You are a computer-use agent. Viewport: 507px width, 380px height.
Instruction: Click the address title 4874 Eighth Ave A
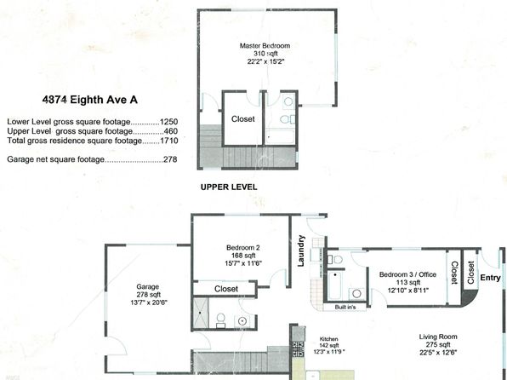point(90,100)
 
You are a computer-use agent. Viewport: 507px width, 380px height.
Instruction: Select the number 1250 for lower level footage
point(168,122)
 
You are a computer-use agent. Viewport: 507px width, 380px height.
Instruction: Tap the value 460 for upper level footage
point(171,131)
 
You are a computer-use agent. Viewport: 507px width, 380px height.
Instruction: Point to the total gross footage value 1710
point(168,141)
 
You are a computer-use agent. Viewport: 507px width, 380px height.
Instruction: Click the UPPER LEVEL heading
point(229,187)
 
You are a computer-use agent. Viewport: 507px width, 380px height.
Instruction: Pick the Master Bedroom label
point(265,46)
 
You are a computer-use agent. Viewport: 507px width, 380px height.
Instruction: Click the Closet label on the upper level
point(242,119)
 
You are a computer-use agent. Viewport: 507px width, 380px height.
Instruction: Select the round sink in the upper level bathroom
point(288,101)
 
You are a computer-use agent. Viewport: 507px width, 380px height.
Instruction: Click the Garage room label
point(148,286)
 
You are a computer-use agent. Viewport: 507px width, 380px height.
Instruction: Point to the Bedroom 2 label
point(242,248)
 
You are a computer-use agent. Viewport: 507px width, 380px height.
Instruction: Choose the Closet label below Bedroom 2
point(226,289)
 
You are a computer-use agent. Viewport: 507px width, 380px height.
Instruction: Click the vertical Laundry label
point(301,250)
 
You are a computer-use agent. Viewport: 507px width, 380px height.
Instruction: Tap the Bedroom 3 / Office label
point(407,274)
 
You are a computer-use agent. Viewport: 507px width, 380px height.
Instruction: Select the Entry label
point(490,278)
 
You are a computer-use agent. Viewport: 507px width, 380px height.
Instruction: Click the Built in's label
point(345,307)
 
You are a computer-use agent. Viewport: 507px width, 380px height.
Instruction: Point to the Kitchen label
point(329,339)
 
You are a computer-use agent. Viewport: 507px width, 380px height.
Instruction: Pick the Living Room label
point(438,337)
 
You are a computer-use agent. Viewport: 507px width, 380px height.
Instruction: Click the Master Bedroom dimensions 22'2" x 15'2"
point(265,61)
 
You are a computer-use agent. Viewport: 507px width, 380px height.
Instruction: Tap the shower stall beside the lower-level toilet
point(201,313)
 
